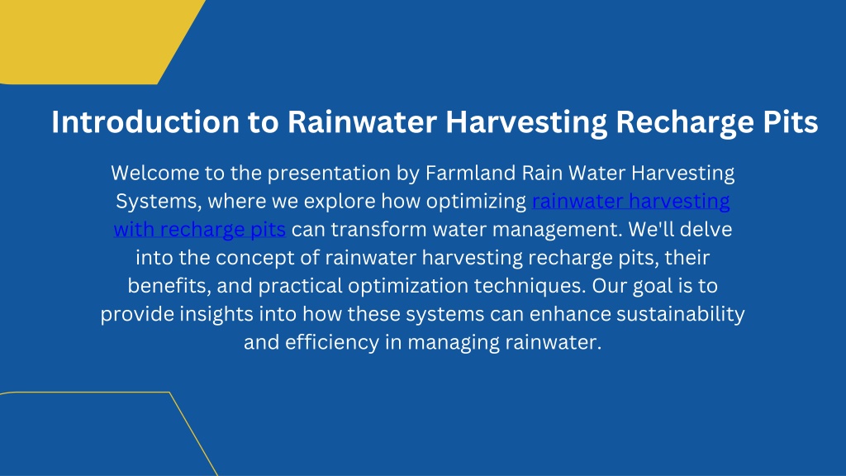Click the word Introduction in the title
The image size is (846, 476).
click(x=145, y=121)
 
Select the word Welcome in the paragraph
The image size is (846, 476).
click(x=154, y=173)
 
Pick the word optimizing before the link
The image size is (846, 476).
click(x=476, y=202)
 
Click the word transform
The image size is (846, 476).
click(x=378, y=230)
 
